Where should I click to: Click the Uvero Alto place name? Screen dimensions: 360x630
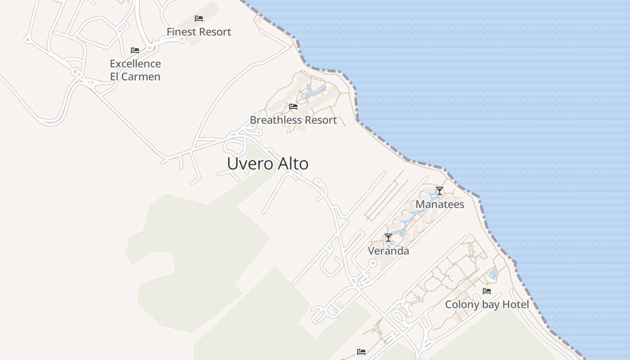[x=268, y=163]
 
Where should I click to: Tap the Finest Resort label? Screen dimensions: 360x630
[x=199, y=32]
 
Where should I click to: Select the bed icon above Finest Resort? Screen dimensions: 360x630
[x=199, y=18]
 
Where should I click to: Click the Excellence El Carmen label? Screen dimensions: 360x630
[x=135, y=70]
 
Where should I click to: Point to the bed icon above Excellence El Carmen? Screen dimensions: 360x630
[x=135, y=50]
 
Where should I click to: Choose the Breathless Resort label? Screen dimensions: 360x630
[x=293, y=120]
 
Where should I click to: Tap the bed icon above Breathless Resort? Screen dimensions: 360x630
[x=293, y=107]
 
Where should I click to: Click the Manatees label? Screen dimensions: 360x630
[x=440, y=204]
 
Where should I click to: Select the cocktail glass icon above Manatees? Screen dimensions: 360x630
[x=440, y=191]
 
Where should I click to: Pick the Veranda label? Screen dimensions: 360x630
[x=388, y=251]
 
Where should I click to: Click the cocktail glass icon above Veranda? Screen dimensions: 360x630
[x=388, y=238]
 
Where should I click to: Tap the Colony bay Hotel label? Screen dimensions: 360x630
[x=487, y=305]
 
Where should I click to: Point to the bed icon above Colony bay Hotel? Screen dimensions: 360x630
[x=487, y=291]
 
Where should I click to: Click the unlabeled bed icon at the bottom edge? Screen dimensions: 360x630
[x=361, y=352]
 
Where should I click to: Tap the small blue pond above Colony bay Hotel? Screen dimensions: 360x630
[x=493, y=273]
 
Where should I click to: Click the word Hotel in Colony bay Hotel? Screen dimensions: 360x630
[x=515, y=305]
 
